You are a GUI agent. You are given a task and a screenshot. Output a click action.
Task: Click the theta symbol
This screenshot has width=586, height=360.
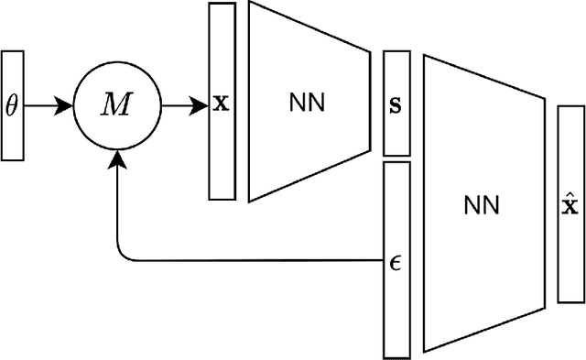point(12,106)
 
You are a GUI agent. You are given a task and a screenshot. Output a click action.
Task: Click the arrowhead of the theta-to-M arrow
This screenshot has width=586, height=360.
point(66,106)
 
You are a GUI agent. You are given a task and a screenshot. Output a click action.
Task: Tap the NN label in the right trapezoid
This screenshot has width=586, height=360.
point(480,205)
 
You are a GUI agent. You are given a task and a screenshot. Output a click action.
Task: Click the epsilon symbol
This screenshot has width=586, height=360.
point(396,261)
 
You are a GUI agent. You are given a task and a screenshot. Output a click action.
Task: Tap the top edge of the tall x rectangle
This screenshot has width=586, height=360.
point(221,4)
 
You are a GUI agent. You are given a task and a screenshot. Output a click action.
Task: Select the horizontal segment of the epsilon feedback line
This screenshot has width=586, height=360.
point(256,261)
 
